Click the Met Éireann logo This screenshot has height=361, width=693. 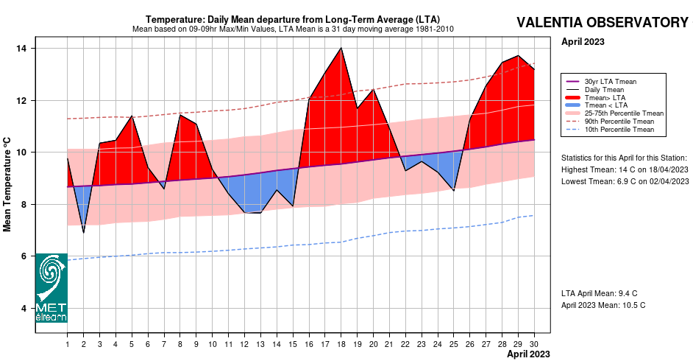(51, 288)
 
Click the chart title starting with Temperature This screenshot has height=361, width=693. (293, 19)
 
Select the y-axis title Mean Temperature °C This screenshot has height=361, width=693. (7, 183)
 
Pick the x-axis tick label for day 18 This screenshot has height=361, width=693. (341, 343)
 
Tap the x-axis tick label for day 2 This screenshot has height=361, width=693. (83, 343)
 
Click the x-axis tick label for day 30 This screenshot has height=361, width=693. (533, 343)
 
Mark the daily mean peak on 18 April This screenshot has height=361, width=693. (341, 49)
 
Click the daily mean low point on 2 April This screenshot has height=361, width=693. (83, 233)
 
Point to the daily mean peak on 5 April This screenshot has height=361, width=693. (132, 116)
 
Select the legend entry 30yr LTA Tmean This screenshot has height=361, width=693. (610, 81)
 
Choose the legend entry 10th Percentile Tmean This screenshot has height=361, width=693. (619, 130)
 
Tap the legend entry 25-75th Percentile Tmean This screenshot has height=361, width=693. (624, 113)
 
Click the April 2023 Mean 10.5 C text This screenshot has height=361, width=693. (603, 305)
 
